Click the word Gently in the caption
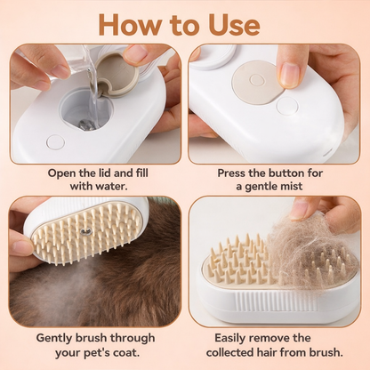[x=58, y=338]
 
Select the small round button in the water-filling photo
[x=55, y=141]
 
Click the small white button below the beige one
[x=286, y=106]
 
